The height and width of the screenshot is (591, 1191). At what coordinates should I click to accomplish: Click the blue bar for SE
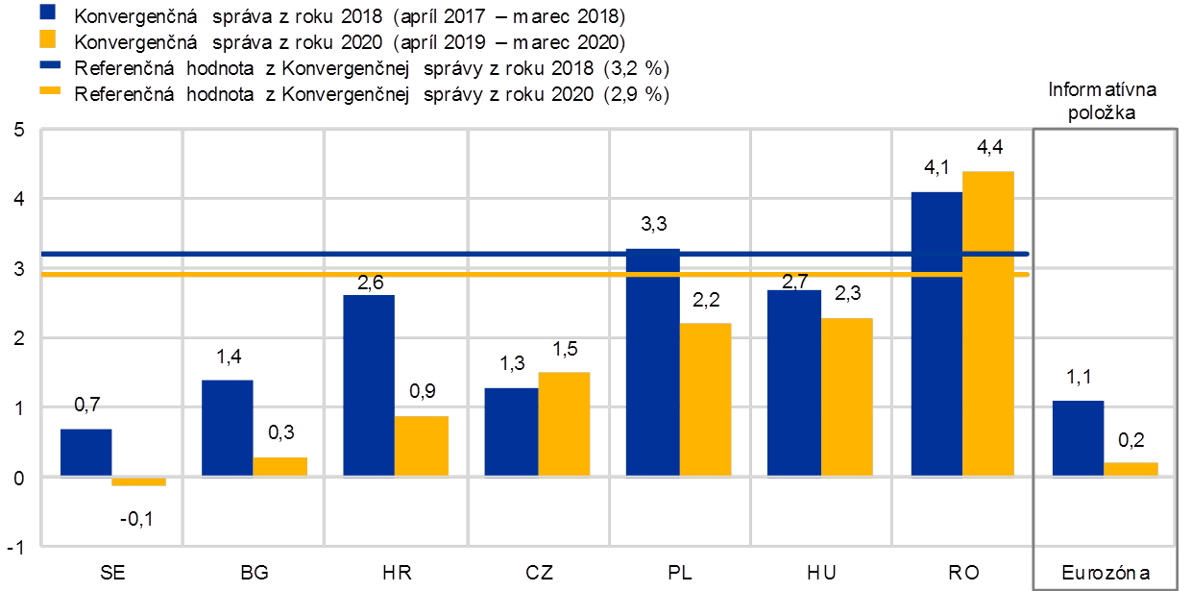pyautogui.click(x=86, y=452)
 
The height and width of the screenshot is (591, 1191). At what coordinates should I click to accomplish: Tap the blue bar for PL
pyautogui.click(x=652, y=361)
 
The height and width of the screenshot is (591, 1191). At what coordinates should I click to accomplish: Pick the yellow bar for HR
pyautogui.click(x=421, y=446)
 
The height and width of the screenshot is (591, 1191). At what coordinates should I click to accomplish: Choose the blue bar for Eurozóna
pyautogui.click(x=1078, y=438)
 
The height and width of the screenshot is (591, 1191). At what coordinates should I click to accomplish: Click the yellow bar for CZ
pyautogui.click(x=564, y=424)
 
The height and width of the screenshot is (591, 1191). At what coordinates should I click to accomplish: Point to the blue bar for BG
pyautogui.click(x=228, y=428)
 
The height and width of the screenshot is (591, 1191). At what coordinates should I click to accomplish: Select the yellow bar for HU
pyautogui.click(x=846, y=397)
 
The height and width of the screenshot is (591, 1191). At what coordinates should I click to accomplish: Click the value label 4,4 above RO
pyautogui.click(x=989, y=149)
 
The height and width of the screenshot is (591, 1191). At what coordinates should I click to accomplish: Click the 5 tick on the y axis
pyautogui.click(x=18, y=130)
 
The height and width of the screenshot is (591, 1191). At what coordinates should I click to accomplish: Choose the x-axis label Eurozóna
pyautogui.click(x=1105, y=573)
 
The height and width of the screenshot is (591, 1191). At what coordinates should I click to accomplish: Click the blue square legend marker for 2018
pyautogui.click(x=48, y=15)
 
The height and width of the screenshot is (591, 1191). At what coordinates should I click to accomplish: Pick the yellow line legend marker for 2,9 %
pyautogui.click(x=48, y=92)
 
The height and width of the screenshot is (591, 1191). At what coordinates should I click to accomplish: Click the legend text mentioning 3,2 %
pyautogui.click(x=371, y=68)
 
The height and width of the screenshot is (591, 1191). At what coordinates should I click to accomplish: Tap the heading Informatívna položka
pyautogui.click(x=1103, y=101)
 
